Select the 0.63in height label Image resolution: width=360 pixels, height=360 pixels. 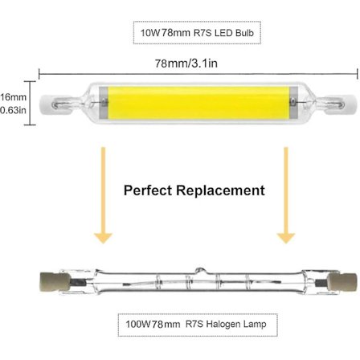11,111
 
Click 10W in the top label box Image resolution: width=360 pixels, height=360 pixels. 148,35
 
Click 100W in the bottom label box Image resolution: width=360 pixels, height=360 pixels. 134,325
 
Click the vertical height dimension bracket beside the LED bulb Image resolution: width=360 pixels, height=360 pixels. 31,103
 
